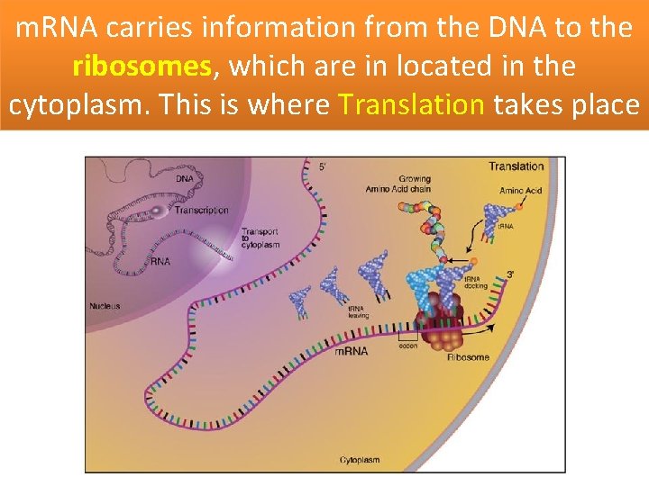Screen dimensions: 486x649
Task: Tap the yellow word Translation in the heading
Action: (x=411, y=104)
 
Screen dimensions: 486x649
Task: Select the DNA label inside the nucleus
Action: (x=184, y=178)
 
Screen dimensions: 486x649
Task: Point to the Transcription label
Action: (x=201, y=211)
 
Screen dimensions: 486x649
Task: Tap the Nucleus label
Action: (x=105, y=306)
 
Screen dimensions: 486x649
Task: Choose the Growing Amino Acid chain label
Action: (x=398, y=184)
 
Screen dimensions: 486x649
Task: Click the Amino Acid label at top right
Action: (x=521, y=192)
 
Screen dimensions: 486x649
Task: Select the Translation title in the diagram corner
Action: (x=516, y=166)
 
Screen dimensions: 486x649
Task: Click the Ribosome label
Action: (x=468, y=357)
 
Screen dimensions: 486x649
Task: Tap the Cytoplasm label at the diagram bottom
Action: (x=359, y=460)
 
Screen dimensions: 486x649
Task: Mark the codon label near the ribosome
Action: (x=408, y=346)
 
